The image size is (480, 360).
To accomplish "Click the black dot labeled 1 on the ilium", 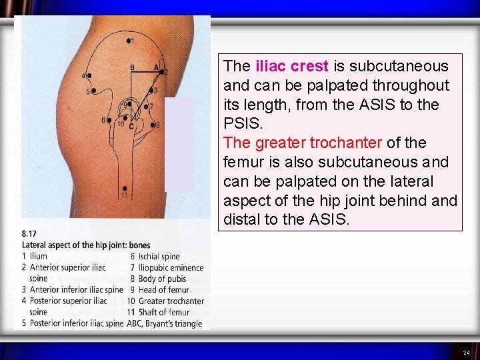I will tap(128, 41).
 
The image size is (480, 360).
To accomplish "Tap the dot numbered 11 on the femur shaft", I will tap(125, 189).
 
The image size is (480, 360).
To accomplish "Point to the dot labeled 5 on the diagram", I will tap(94, 91).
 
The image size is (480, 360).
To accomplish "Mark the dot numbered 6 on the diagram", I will tap(109, 121).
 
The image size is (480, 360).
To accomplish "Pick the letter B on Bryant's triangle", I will tap(132, 67).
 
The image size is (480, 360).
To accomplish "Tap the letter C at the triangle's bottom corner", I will tap(131, 126).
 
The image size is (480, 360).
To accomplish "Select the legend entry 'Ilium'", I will tap(39, 257).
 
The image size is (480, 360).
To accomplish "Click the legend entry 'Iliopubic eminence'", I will tap(171, 268).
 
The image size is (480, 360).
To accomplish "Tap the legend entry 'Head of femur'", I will tap(164, 290).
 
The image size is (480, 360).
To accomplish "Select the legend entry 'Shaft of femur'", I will tap(165, 312).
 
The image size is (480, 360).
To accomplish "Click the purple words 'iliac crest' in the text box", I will tap(292, 66).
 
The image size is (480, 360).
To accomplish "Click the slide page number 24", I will tap(466, 352).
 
